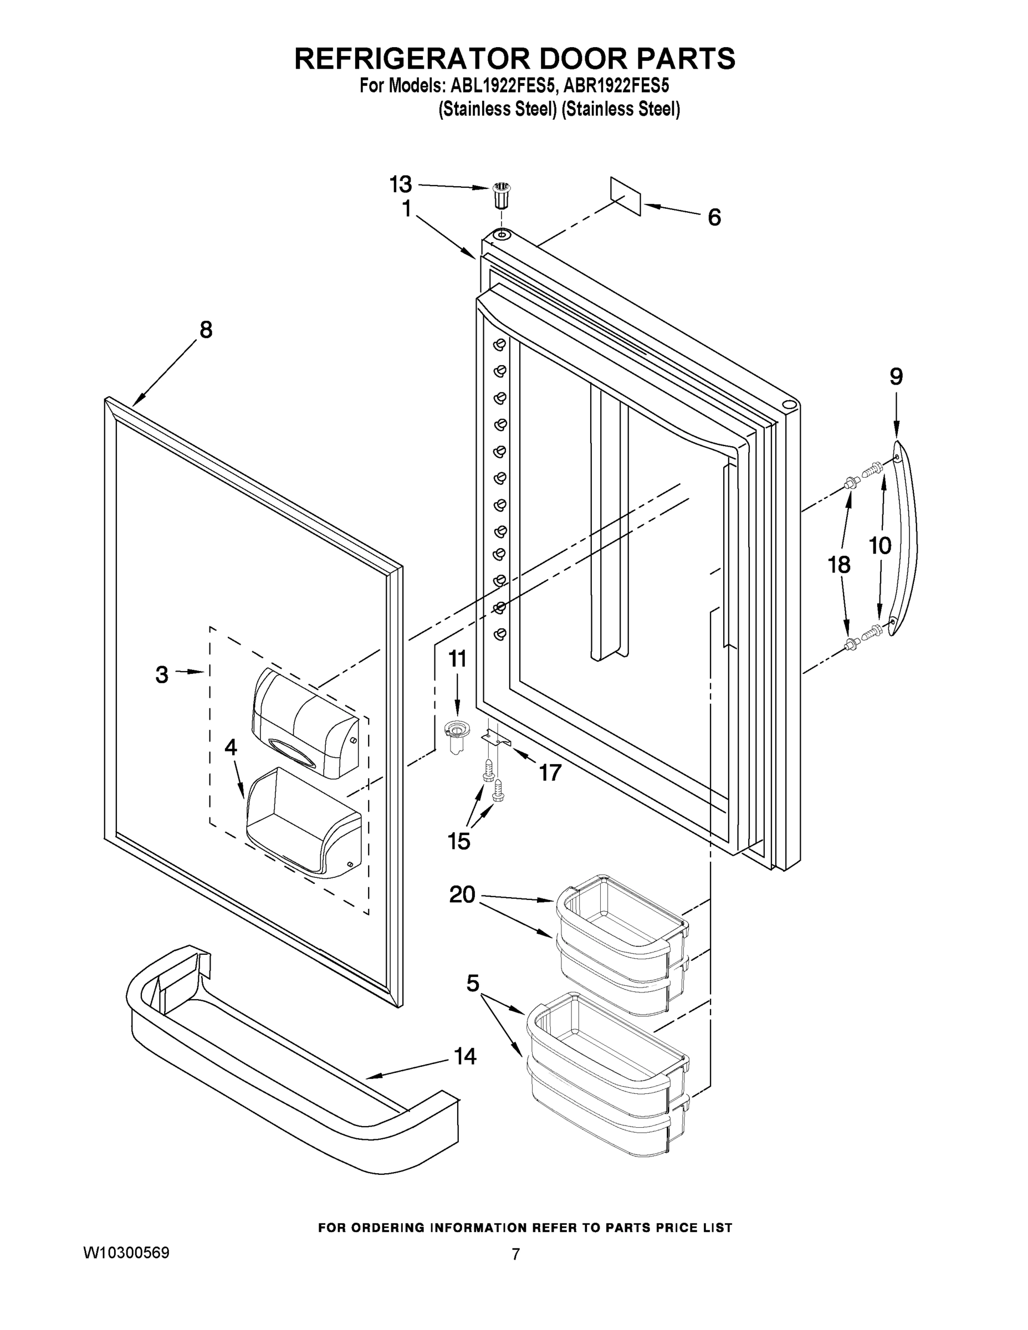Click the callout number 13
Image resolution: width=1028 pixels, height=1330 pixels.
coord(401,183)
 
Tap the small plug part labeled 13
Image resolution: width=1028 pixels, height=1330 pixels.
coord(500,195)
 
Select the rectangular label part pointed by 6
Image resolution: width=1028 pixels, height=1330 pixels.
coord(626,196)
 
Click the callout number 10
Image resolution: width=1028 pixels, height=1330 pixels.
coord(880,546)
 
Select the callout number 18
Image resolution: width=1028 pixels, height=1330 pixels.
coord(839,565)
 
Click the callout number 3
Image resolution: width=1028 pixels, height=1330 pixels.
coord(161,674)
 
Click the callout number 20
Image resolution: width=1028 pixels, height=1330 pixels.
coord(462,894)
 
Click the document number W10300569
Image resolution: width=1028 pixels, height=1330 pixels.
coord(126,1252)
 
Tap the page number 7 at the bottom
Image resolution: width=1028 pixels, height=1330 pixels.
coord(515,1255)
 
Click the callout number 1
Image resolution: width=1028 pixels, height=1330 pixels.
coord(407,209)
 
